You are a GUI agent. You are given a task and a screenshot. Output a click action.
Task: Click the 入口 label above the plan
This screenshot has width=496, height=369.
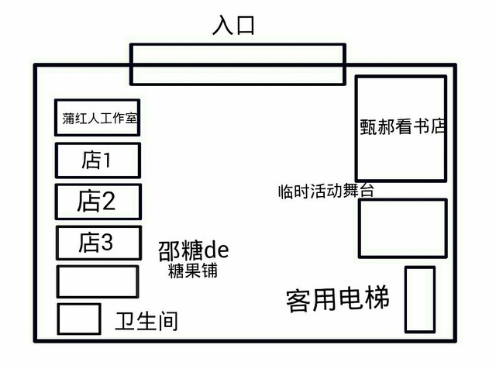[x=233, y=26]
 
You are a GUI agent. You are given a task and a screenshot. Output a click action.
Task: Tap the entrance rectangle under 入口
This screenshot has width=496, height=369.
[x=237, y=64]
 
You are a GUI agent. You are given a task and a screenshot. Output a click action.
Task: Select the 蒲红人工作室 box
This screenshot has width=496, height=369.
[x=98, y=119]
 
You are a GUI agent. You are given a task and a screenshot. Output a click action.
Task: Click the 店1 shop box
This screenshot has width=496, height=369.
[x=98, y=160]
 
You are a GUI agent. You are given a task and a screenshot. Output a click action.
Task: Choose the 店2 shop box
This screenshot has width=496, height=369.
[x=98, y=202]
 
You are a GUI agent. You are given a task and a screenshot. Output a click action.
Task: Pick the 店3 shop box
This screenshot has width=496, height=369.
[x=98, y=243]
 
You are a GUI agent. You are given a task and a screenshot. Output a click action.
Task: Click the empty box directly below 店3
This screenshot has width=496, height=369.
[x=98, y=281]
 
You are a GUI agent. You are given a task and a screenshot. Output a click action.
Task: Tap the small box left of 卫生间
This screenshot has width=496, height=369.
[x=79, y=319]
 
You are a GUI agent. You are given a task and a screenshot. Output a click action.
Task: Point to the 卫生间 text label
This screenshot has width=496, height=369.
[x=146, y=320]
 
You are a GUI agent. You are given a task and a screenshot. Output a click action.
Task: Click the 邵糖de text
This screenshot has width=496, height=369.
[x=193, y=250]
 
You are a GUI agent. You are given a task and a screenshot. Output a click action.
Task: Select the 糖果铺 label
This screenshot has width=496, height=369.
[x=192, y=271]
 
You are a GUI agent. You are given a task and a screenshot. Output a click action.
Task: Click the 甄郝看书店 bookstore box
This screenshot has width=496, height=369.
[x=401, y=128]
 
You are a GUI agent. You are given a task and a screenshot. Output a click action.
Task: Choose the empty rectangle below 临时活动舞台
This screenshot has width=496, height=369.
[x=402, y=229]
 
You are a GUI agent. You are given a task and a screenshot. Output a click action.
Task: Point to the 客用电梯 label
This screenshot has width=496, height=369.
[x=337, y=299]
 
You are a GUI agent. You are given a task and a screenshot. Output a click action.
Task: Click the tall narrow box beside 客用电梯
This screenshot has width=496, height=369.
[x=420, y=299]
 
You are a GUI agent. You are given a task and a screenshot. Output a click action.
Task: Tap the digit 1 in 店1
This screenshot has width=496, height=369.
[x=108, y=160]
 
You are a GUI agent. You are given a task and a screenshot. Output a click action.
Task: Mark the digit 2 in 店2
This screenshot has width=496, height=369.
[x=108, y=202]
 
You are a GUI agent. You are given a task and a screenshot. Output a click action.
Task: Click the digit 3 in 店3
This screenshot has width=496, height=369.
[x=107, y=243]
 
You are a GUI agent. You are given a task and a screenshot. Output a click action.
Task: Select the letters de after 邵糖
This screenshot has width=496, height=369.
[x=216, y=250]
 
